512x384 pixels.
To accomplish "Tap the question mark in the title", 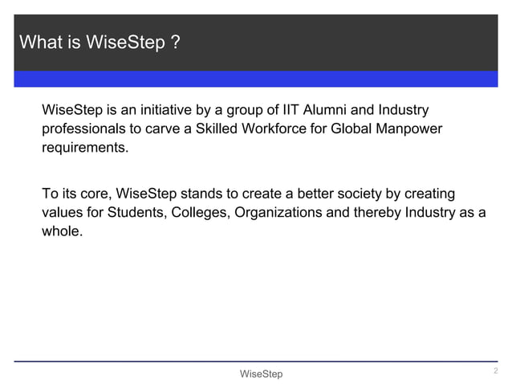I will (174, 42).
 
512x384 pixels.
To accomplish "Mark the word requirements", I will (84, 149).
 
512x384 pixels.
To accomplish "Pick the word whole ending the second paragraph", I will (61, 233).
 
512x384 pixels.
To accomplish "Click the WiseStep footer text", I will (261, 374).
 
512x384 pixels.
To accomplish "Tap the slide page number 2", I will (495, 370).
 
